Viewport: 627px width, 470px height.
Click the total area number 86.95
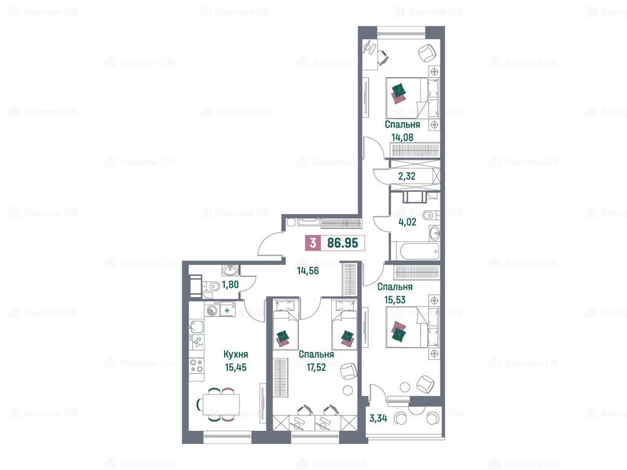(342, 243)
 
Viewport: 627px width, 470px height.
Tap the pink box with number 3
(313, 243)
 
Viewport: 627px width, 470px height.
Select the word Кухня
(236, 354)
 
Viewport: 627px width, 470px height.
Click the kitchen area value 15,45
(236, 367)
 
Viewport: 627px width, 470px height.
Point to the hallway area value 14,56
(308, 270)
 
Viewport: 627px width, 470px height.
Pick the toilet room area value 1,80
(230, 285)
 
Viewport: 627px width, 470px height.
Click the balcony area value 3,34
(378, 419)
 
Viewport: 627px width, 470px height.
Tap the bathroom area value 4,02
(407, 222)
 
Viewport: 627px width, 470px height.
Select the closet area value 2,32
(407, 176)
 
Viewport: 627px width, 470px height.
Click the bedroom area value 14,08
(402, 138)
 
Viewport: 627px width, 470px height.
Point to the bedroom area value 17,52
(316, 367)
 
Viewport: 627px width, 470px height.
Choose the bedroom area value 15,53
(395, 300)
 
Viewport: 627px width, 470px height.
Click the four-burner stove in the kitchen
(197, 365)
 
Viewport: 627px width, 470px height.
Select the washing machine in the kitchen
(212, 309)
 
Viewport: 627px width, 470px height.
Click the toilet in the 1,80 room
(211, 285)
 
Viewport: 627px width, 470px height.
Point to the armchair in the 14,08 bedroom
(426, 53)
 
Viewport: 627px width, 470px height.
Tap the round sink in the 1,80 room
(230, 271)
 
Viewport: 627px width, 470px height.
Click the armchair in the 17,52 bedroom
(348, 371)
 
